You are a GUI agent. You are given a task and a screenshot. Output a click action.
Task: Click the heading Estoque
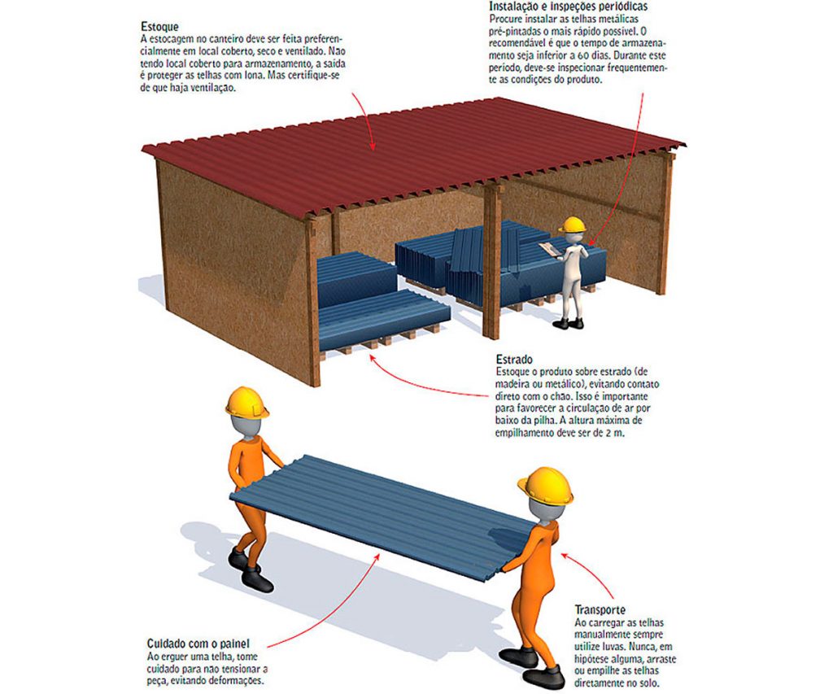pos(159,27)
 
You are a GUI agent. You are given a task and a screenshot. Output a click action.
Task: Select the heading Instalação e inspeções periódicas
pos(569,7)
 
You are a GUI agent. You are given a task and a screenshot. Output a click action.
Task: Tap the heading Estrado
pos(514,360)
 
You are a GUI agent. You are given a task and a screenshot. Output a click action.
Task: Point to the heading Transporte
pos(600,609)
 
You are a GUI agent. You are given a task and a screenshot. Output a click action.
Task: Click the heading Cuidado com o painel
pos(198,644)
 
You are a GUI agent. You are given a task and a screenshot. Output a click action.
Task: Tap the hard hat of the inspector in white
pos(572,225)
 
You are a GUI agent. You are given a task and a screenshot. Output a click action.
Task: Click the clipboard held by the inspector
pos(549,249)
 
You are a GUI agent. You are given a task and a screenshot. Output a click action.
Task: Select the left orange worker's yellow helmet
pos(247,402)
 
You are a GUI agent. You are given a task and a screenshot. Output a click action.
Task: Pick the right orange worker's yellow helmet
pos(546,485)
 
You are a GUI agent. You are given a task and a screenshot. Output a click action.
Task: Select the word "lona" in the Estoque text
pos(254,76)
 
